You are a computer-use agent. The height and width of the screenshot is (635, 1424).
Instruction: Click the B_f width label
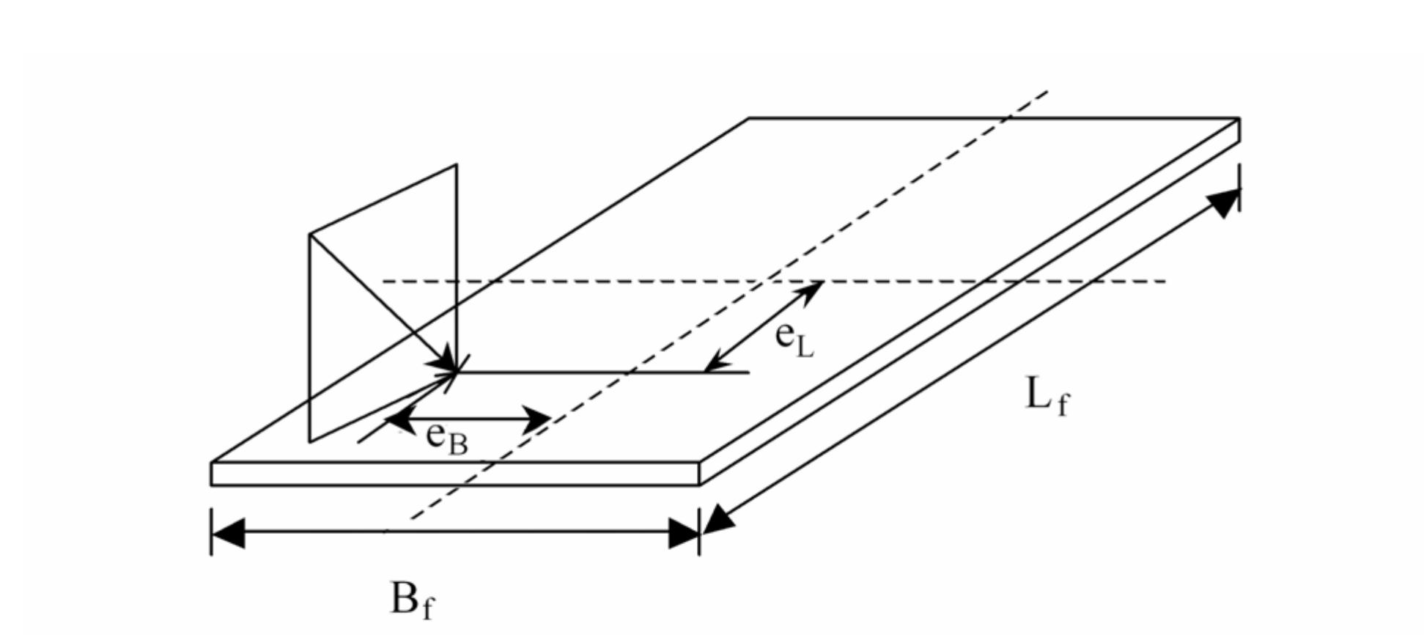[x=412, y=600]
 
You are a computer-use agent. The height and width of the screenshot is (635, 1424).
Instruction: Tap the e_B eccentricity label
[x=446, y=438]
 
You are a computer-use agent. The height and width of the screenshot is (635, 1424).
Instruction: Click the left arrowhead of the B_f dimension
[x=227, y=532]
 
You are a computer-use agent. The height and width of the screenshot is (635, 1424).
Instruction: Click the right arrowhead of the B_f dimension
[x=683, y=532]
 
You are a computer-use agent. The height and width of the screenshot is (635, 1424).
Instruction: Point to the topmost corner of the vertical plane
[x=457, y=165]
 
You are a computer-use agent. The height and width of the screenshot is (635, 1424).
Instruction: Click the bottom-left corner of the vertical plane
[x=310, y=441]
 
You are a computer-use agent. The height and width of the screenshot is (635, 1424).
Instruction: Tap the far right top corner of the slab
[x=1239, y=118]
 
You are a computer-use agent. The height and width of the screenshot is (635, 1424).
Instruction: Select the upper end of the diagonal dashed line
[x=1048, y=92]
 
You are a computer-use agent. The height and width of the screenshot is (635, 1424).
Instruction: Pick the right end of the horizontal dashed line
[x=1165, y=281]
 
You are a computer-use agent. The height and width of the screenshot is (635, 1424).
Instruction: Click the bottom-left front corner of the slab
[x=212, y=485]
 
